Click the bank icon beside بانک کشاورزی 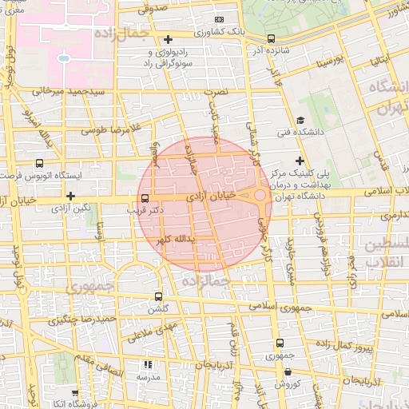(x=219, y=20)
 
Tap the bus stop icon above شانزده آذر (x=271, y=38)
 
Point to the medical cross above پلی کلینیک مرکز (x=300, y=161)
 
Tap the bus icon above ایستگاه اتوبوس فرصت (x=40, y=163)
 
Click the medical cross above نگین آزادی (x=71, y=196)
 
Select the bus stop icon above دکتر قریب (x=145, y=198)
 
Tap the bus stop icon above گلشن (x=157, y=296)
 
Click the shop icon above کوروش (x=287, y=371)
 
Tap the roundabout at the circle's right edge (x=261, y=194)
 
